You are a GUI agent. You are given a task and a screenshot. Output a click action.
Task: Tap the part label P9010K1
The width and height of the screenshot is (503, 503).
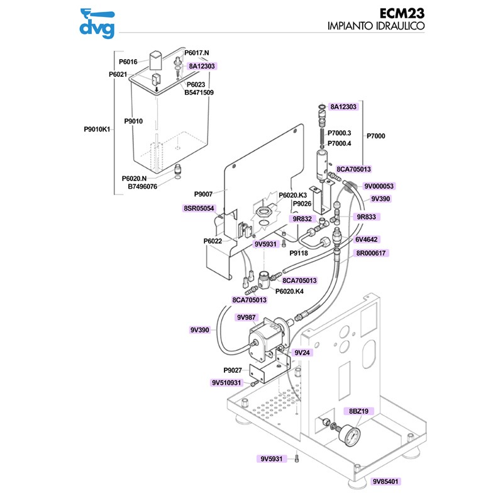[97, 130]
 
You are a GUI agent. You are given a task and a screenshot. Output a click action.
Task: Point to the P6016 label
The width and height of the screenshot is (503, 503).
[128, 62]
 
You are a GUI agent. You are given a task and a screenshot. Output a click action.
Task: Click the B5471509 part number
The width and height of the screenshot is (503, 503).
[199, 92]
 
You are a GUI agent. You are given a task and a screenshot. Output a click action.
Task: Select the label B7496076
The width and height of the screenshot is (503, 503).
[143, 186]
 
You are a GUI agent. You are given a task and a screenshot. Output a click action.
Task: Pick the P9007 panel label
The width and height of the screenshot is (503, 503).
[205, 194]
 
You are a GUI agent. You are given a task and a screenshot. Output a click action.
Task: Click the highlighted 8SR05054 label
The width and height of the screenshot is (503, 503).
[199, 208]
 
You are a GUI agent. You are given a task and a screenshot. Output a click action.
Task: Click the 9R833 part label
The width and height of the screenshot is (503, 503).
[366, 216]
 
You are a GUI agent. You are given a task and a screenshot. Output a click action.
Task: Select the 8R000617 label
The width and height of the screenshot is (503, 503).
[372, 253]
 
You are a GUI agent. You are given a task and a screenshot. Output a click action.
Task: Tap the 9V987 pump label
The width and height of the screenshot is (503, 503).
[246, 318]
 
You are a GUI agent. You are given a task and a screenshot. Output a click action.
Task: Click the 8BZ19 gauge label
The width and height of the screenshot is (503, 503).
[358, 411]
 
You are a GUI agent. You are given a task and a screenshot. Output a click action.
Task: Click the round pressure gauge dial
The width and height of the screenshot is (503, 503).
[348, 435]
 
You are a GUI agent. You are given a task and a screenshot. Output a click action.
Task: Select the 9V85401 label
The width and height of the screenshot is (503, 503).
[385, 482]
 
